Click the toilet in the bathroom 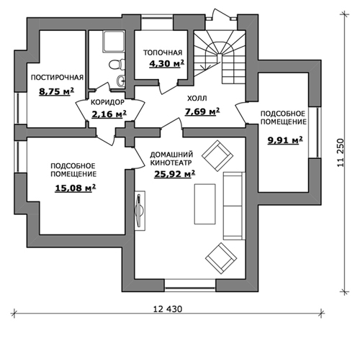(117, 64)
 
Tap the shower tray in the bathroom (114, 42)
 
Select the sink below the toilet (121, 81)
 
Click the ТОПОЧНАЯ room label (163, 52)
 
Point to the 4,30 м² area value (166, 63)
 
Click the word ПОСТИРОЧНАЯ (57, 78)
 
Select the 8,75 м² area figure (56, 91)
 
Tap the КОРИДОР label (107, 102)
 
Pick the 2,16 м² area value (109, 114)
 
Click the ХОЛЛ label (197, 99)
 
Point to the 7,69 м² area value (202, 111)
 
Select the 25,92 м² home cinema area (174, 174)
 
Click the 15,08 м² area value (76, 188)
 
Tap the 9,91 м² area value (285, 140)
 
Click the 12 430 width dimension (168, 309)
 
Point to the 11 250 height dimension (341, 153)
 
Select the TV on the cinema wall (140, 211)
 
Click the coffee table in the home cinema (204, 204)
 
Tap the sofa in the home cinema (234, 206)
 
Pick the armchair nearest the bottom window (221, 258)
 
